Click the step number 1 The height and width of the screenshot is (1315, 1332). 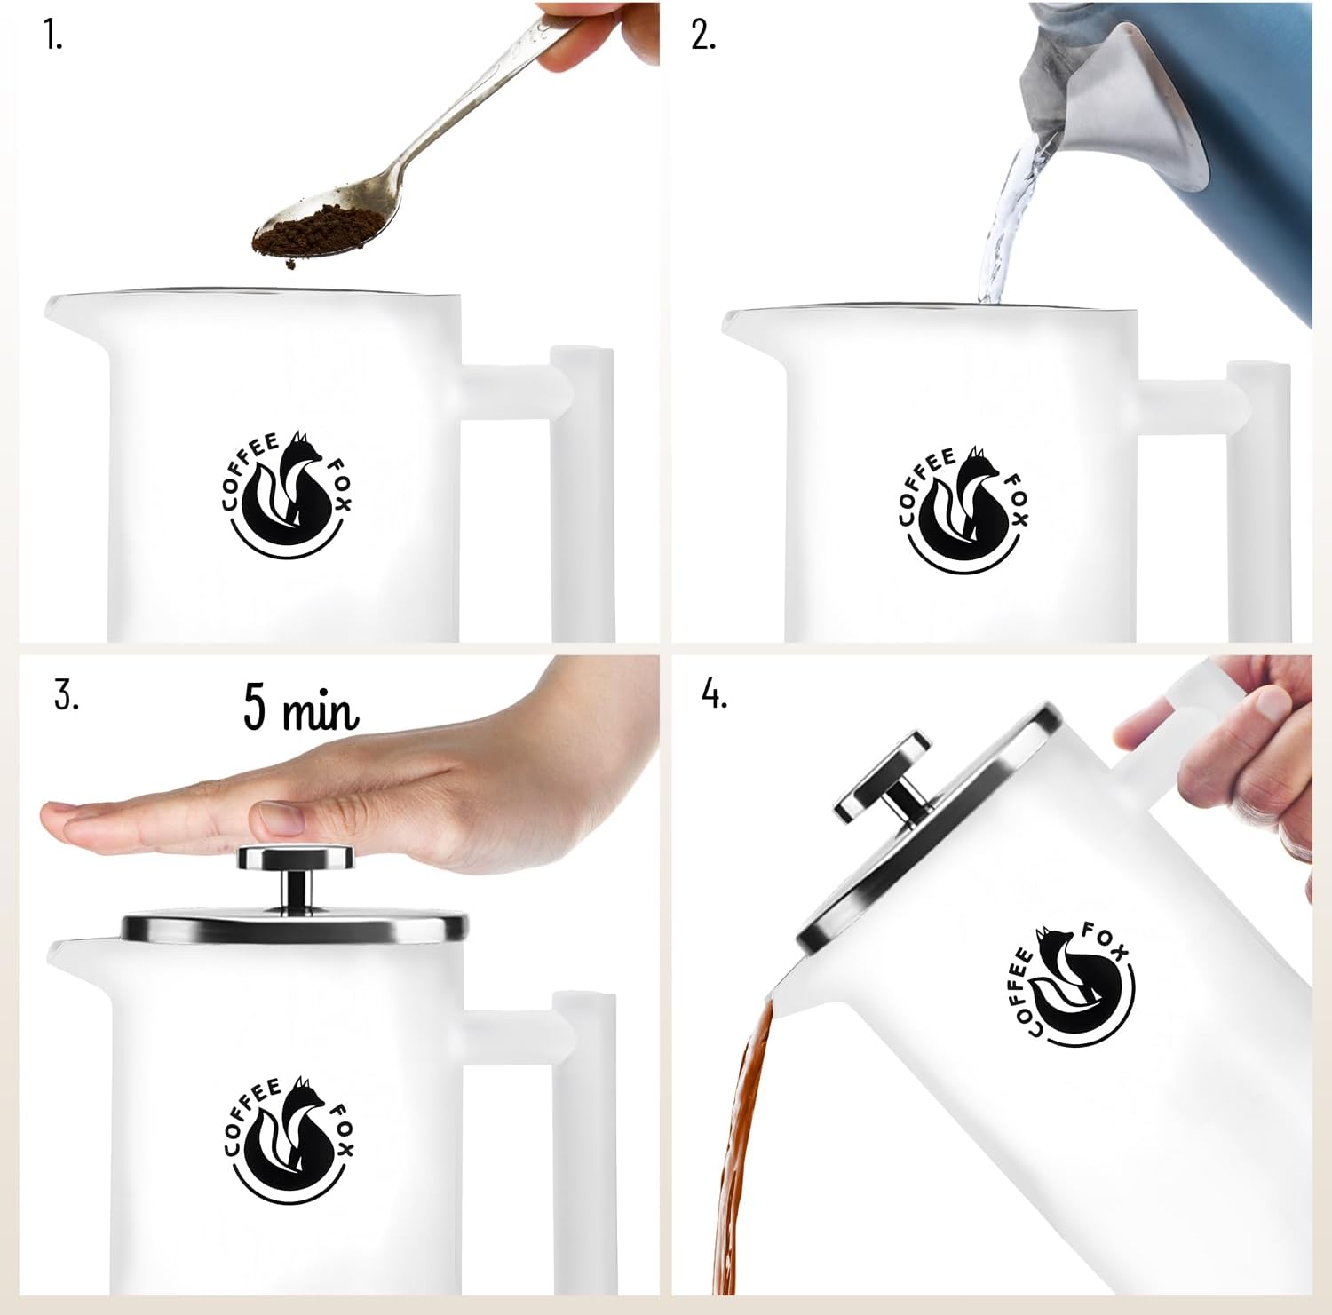[52, 36]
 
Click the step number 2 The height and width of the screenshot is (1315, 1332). [703, 36]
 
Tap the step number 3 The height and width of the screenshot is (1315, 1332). [67, 695]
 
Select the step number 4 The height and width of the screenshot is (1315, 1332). [715, 695]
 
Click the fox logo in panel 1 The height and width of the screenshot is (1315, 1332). [287, 496]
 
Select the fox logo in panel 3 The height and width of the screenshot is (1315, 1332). [287, 1139]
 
